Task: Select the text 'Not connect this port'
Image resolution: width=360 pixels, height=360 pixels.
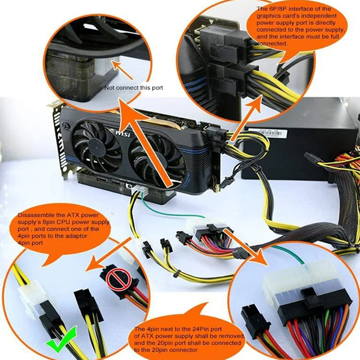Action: (134, 88)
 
